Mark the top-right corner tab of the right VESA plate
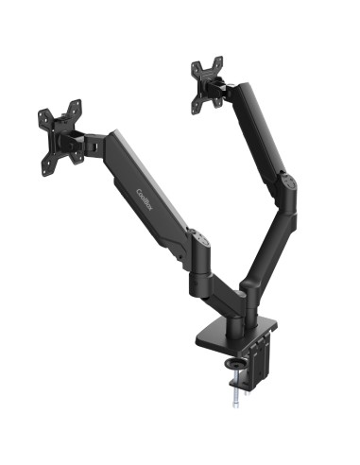tap(218, 61)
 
